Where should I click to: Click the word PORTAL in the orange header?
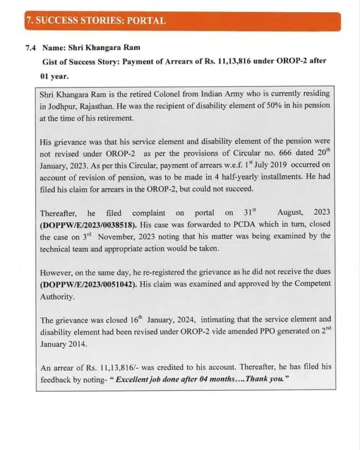click(x=146, y=21)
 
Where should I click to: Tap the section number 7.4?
click(x=31, y=48)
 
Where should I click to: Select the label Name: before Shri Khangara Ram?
click(x=58, y=48)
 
